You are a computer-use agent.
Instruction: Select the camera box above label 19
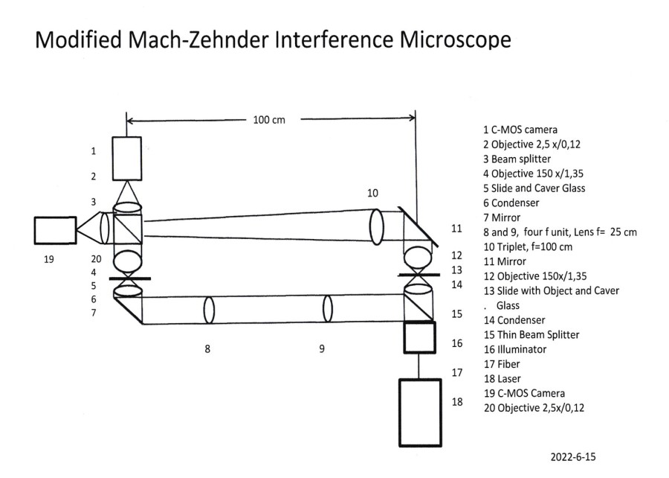click(x=55, y=230)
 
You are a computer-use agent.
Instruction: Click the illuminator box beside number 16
click(x=419, y=338)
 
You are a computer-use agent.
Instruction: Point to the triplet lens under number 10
click(x=375, y=225)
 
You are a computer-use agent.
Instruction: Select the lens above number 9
click(x=327, y=308)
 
